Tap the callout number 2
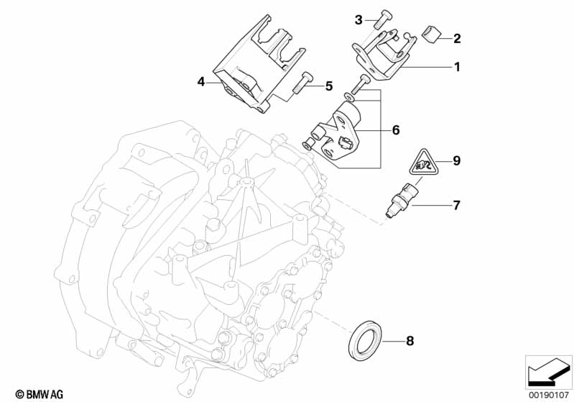pyautogui.click(x=456, y=38)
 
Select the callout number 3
pyautogui.click(x=358, y=19)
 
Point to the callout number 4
pyautogui.click(x=202, y=83)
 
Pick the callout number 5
pyautogui.click(x=329, y=86)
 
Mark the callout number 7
pyautogui.click(x=456, y=205)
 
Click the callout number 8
pyautogui.click(x=410, y=340)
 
